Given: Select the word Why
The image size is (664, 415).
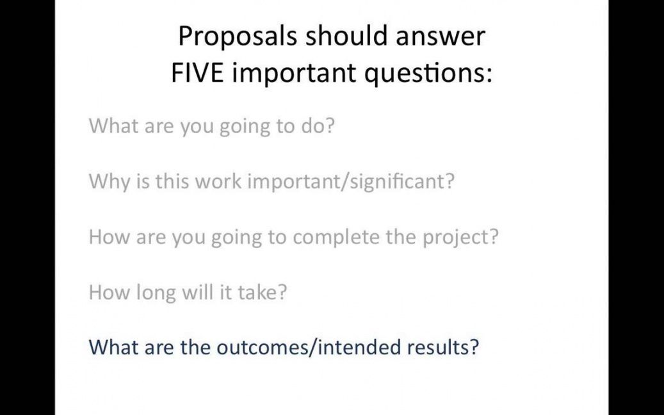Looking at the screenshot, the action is [109, 182].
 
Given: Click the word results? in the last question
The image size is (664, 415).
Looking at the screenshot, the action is [443, 347].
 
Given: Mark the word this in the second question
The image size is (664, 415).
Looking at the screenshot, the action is [172, 181].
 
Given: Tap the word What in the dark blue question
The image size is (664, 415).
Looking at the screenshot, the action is [113, 347].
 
